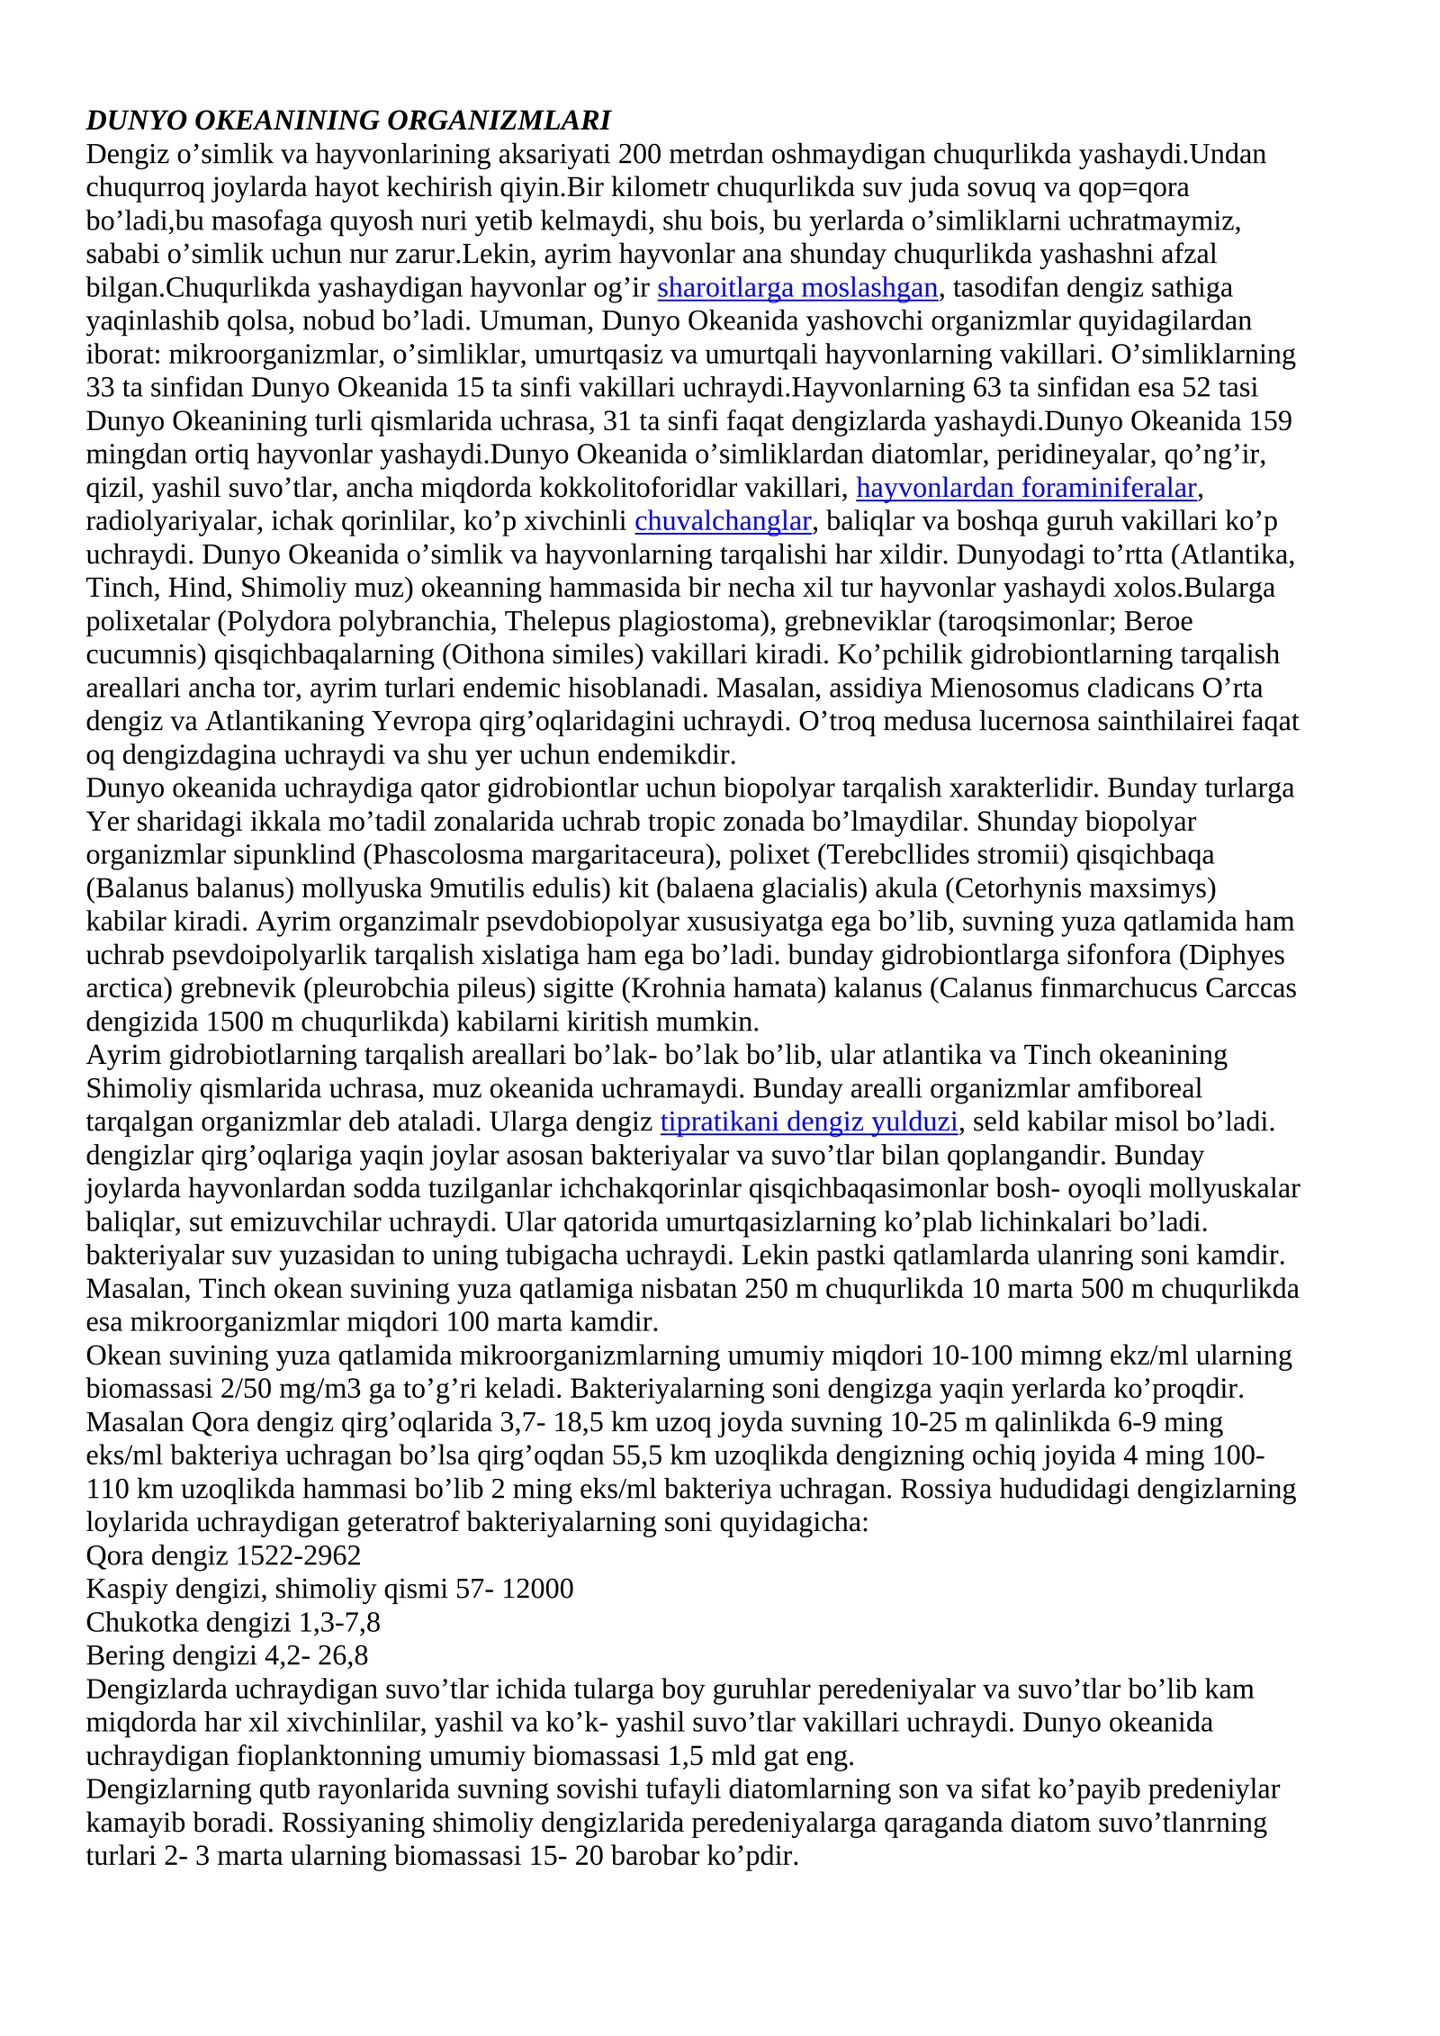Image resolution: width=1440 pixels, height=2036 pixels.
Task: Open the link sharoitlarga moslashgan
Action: pos(797,288)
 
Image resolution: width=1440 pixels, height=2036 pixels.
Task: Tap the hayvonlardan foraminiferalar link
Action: pos(1026,488)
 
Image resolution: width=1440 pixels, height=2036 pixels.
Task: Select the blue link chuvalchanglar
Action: pos(723,521)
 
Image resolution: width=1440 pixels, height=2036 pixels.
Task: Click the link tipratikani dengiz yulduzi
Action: pos(809,1122)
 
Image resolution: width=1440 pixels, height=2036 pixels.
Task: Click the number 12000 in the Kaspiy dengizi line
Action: pos(537,1589)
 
